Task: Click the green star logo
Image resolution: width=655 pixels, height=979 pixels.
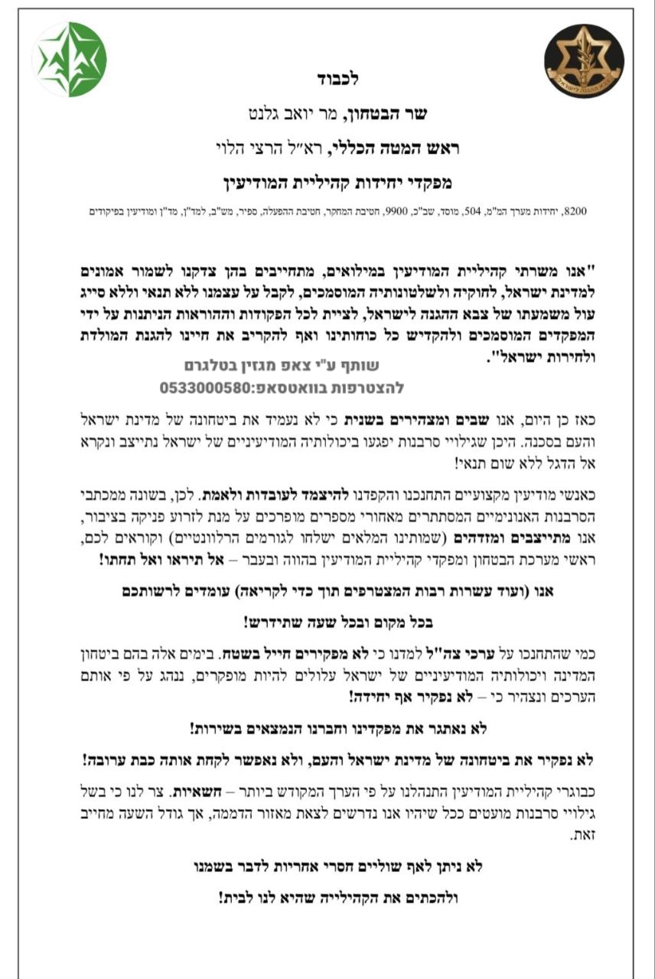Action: (x=70, y=60)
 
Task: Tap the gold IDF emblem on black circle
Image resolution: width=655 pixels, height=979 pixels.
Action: (x=584, y=61)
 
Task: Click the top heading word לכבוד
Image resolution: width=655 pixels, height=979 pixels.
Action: (x=337, y=79)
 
